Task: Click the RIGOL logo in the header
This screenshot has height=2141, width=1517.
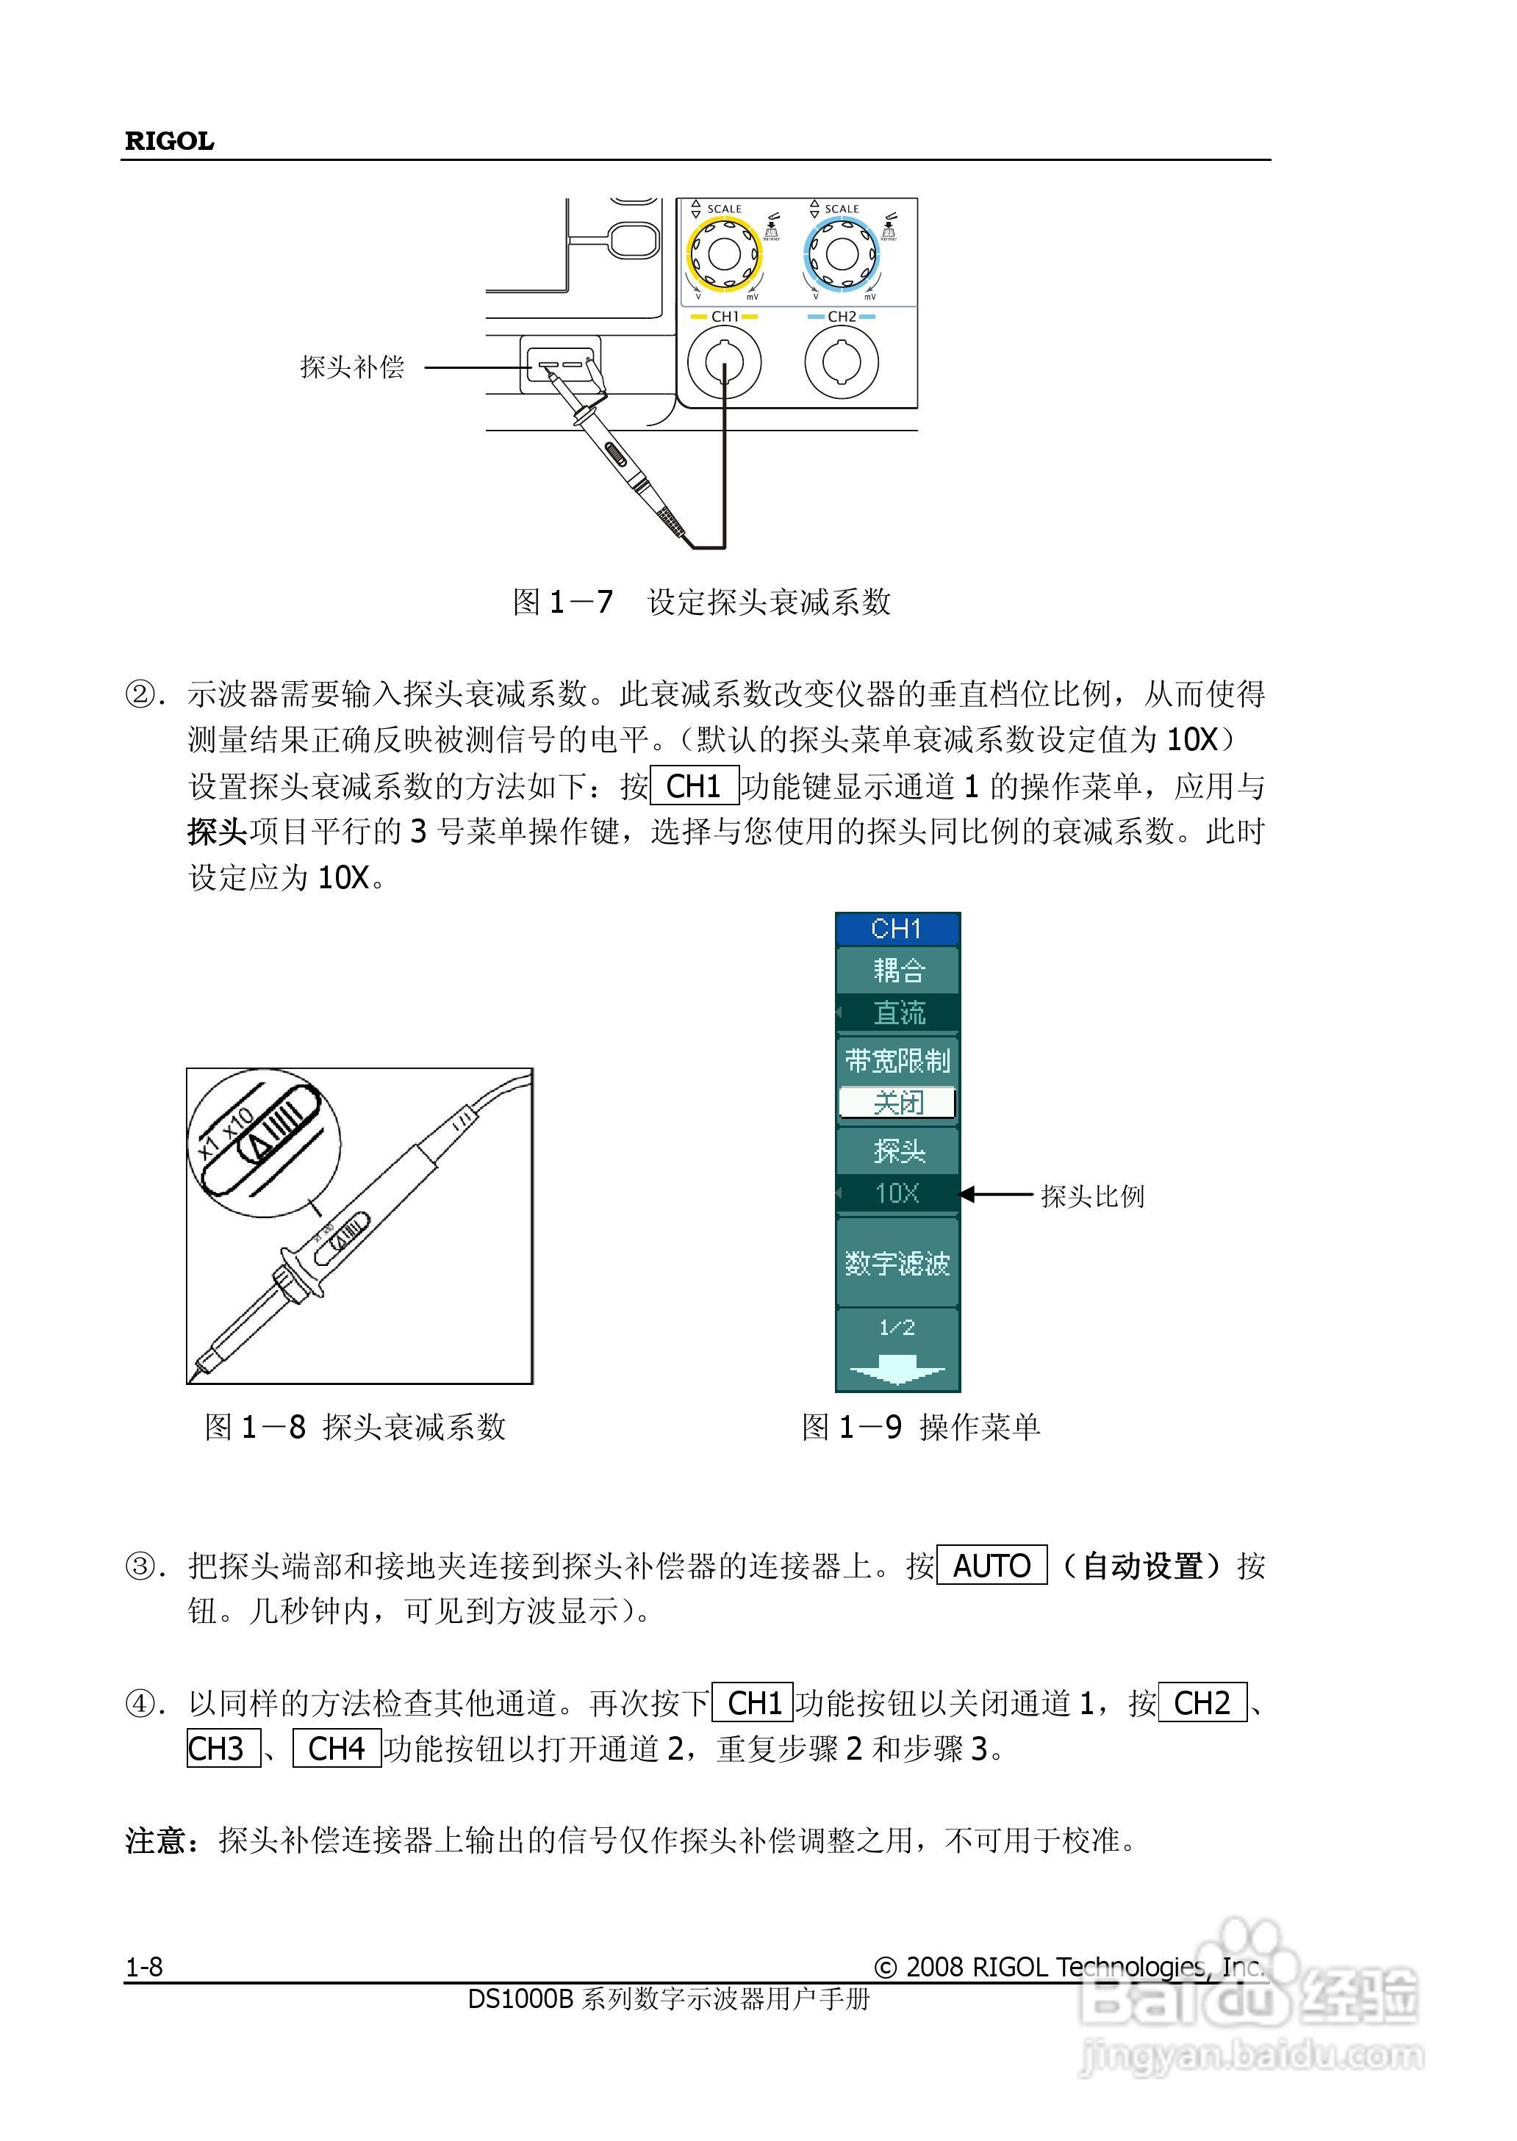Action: (169, 141)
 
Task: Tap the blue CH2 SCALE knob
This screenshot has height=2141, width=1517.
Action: (841, 253)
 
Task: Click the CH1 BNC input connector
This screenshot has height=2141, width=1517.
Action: (724, 362)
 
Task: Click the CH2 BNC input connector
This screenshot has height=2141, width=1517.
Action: (841, 362)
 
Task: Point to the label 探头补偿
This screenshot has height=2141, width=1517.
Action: (352, 367)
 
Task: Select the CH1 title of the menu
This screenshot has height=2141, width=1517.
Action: (897, 928)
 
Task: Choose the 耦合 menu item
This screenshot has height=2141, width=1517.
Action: (897, 970)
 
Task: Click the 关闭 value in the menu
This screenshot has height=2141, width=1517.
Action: (897, 1103)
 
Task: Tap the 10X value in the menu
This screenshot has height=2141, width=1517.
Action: (897, 1193)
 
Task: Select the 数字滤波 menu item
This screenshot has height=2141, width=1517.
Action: (897, 1263)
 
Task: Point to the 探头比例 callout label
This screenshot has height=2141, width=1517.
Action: (1092, 1196)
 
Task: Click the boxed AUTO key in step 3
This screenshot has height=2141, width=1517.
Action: (991, 1566)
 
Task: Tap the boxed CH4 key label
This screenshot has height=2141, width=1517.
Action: (337, 1748)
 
